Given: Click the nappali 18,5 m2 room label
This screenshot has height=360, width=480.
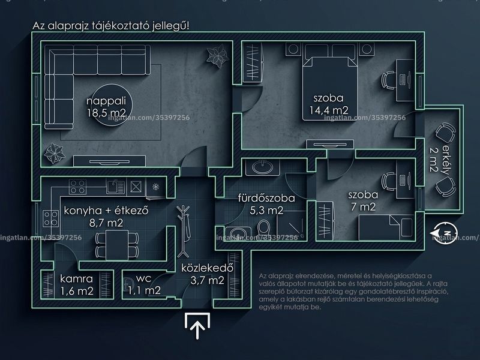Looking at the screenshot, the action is pyautogui.click(x=106, y=107).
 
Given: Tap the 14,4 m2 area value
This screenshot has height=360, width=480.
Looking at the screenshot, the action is pyautogui.click(x=329, y=110).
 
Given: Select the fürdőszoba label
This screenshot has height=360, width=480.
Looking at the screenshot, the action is pyautogui.click(x=266, y=198).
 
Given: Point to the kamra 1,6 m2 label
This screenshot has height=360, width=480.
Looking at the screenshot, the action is pyautogui.click(x=77, y=284).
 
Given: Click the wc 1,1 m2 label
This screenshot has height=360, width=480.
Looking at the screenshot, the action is pyautogui.click(x=144, y=284).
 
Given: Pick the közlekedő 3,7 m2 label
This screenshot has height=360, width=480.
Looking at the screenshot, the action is pyautogui.click(x=207, y=274).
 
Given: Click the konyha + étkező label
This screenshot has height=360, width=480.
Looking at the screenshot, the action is pyautogui.click(x=106, y=211).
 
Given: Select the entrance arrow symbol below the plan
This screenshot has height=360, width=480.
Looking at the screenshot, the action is pyautogui.click(x=197, y=326).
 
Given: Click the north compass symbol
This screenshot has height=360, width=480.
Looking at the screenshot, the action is pyautogui.click(x=445, y=233).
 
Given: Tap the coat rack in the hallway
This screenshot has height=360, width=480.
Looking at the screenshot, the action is pyautogui.click(x=184, y=231).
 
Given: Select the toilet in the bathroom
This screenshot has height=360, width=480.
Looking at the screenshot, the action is pyautogui.click(x=263, y=229).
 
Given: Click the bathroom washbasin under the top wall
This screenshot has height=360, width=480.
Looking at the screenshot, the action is pyautogui.click(x=263, y=167).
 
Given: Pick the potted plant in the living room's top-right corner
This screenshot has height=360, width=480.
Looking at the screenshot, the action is pyautogui.click(x=217, y=56).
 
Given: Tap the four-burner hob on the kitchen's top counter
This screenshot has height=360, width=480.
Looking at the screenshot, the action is pyautogui.click(x=77, y=187).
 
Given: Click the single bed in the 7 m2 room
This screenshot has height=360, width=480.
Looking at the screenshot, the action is pyautogui.click(x=386, y=227).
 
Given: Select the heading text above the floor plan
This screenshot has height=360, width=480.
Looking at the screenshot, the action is pyautogui.click(x=111, y=26).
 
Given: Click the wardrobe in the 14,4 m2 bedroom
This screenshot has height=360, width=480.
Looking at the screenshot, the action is pyautogui.click(x=253, y=62).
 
